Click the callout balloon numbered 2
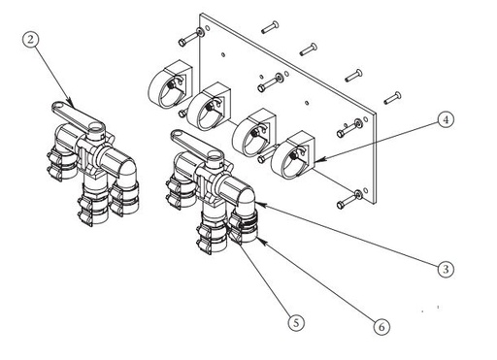32,41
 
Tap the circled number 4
445,121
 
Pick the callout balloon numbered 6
382,327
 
